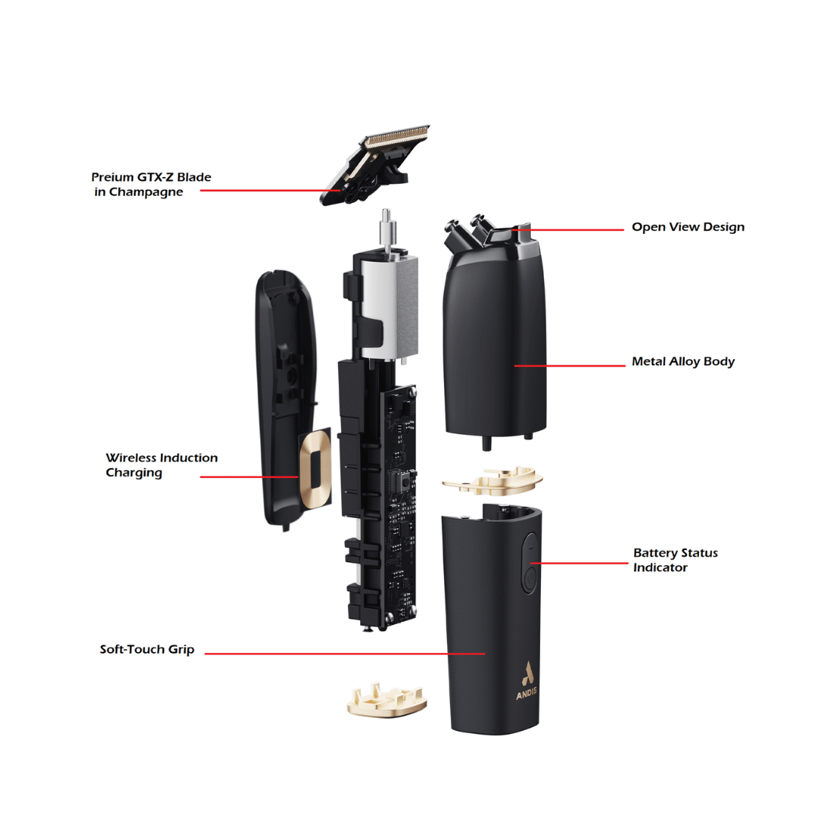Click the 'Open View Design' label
pyautogui.click(x=688, y=227)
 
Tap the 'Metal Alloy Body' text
pyautogui.click(x=683, y=362)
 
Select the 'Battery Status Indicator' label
pyautogui.click(x=676, y=560)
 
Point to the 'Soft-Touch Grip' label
pyautogui.click(x=147, y=649)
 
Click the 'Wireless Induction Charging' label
pyautogui.click(x=162, y=465)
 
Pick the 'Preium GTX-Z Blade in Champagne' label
pyautogui.click(x=151, y=185)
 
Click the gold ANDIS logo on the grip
pyautogui.click(x=527, y=681)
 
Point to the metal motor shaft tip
pyautogui.click(x=386, y=215)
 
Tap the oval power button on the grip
pyautogui.click(x=530, y=563)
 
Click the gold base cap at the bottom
pyautogui.click(x=387, y=701)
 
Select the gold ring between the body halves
pyautogui.click(x=492, y=480)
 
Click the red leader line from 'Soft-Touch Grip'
pyautogui.click(x=345, y=654)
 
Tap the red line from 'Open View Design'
pyautogui.click(x=567, y=229)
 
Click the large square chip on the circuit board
pyautogui.click(x=403, y=484)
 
